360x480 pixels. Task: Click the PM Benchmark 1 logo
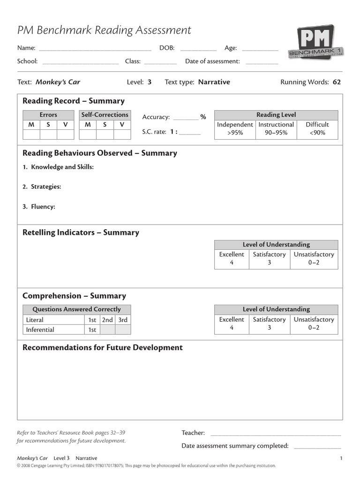click(x=316, y=43)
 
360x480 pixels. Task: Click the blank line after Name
click(x=95, y=49)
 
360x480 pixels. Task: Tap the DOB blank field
click(x=198, y=49)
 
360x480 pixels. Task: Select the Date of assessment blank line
click(x=262, y=62)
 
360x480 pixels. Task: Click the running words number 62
click(x=337, y=82)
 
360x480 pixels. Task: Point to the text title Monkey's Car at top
click(x=58, y=82)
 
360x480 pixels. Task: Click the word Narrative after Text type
click(x=214, y=82)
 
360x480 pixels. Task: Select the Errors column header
click(x=48, y=115)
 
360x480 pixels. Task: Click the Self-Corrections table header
click(x=105, y=115)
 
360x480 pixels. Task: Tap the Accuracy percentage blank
click(x=186, y=118)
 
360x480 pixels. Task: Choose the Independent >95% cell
click(x=235, y=129)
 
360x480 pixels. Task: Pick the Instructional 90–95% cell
click(x=276, y=129)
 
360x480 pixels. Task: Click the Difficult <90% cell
click(x=317, y=129)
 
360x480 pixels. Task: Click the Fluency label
click(x=43, y=206)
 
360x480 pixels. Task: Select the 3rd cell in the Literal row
click(x=123, y=320)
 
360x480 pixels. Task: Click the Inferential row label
click(x=40, y=330)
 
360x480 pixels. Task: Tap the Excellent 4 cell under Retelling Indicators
click(x=232, y=259)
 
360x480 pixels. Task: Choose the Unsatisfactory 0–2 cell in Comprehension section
click(x=314, y=323)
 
